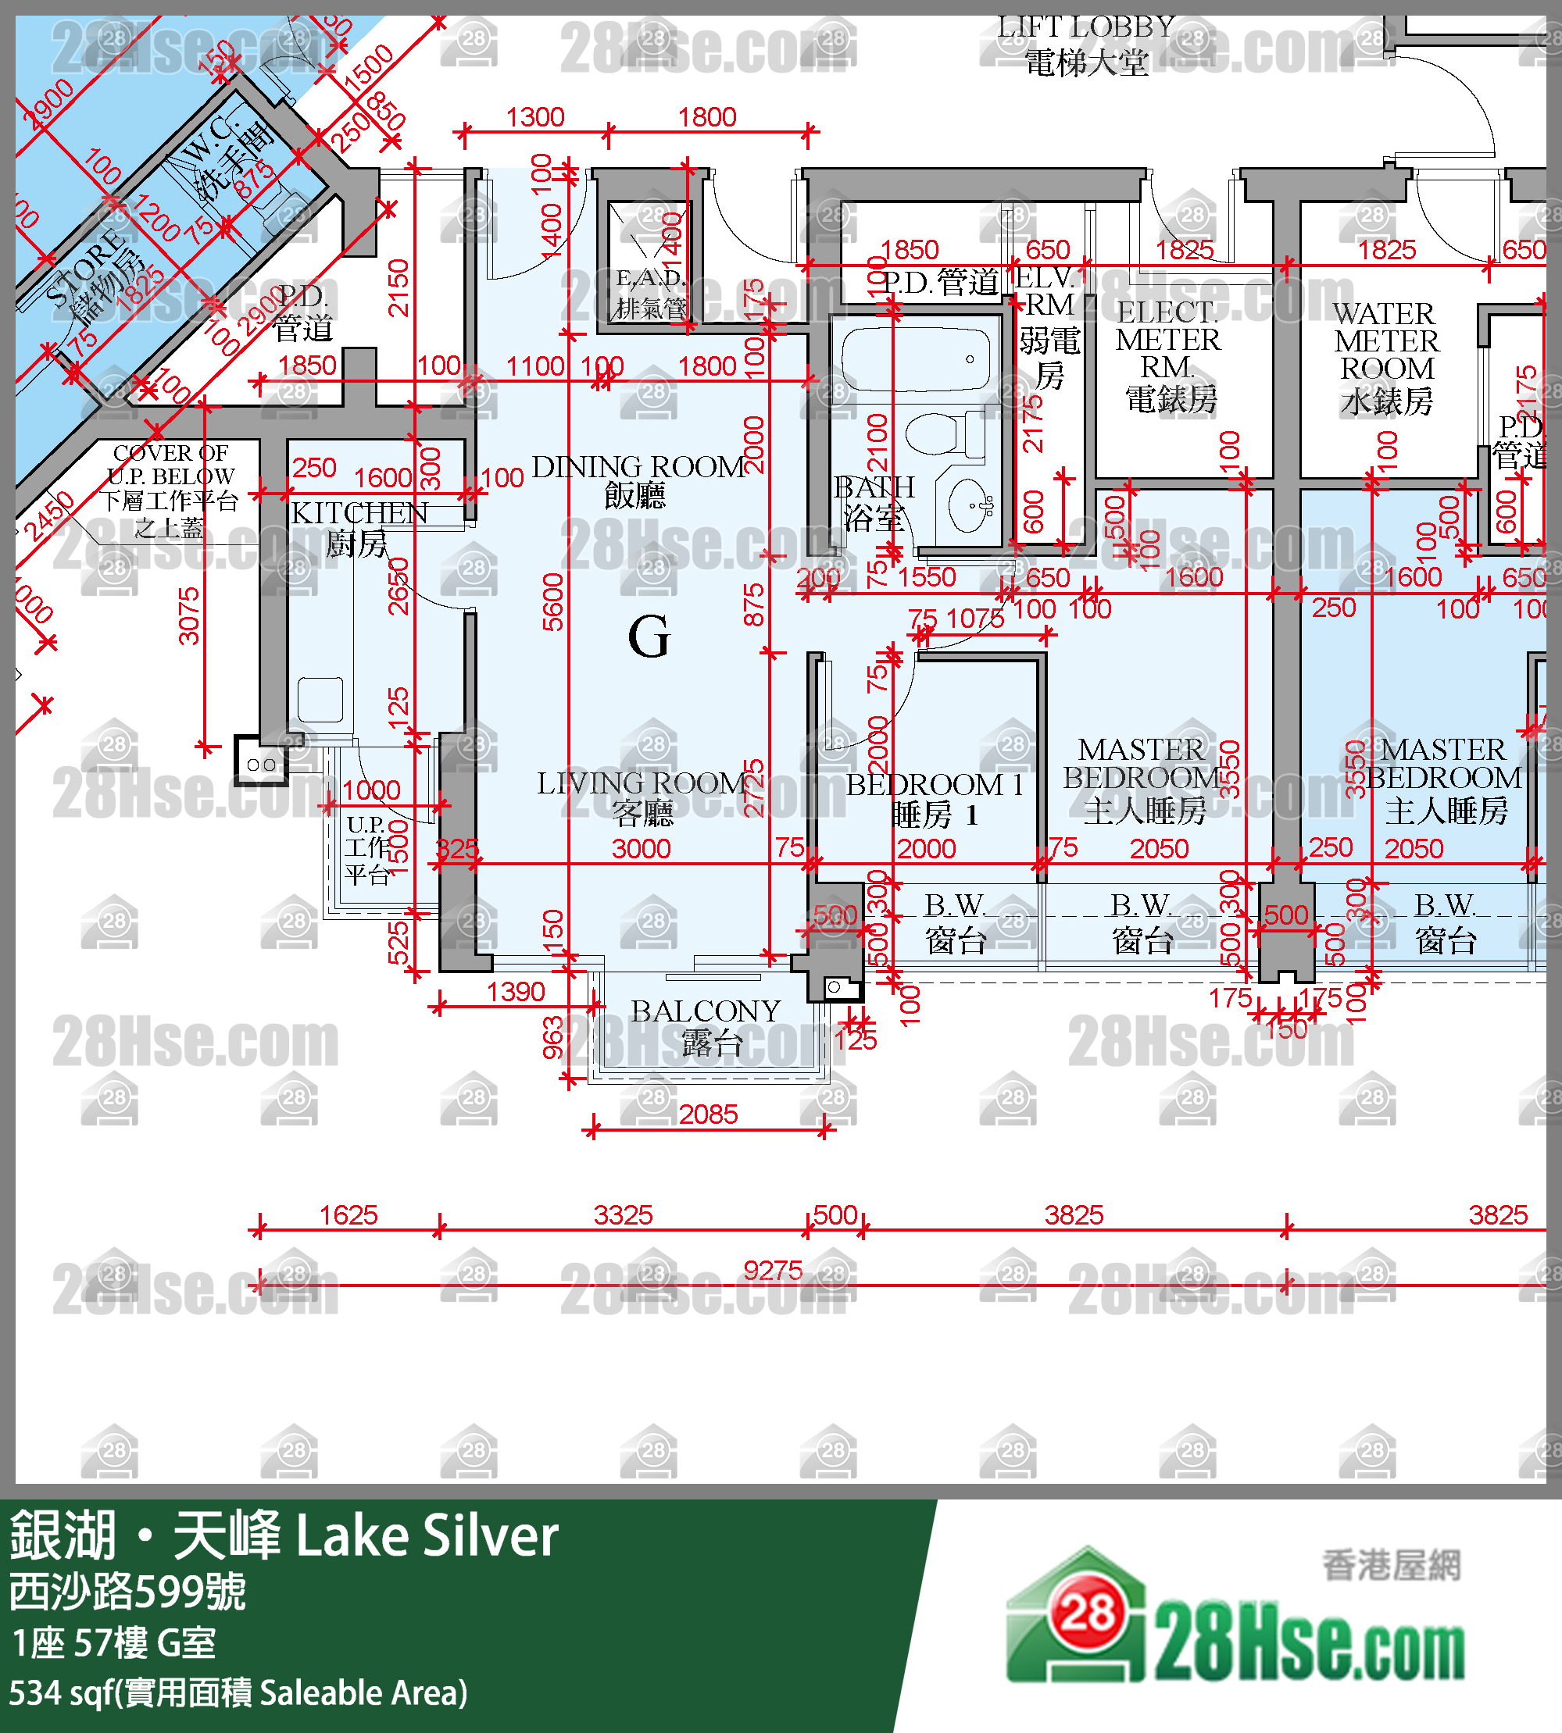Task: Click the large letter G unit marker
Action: coord(648,637)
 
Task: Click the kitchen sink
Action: coord(320,699)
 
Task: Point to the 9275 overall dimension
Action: coord(773,1271)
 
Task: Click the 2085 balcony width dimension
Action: coord(708,1114)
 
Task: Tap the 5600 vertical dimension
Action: coord(552,601)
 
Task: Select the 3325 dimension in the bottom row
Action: coord(623,1214)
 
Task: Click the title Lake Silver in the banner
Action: coord(427,1536)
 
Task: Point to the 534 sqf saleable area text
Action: coord(238,1692)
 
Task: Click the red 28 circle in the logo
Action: coord(1088,1613)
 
